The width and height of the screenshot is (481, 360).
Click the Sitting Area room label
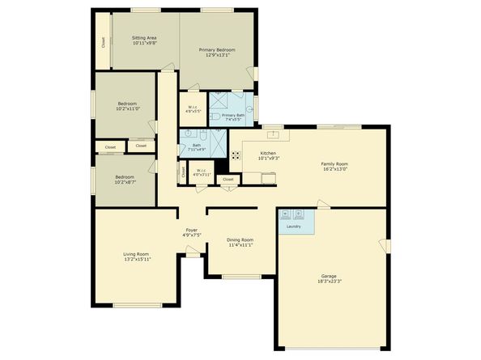144,38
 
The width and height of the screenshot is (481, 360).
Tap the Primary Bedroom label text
215,49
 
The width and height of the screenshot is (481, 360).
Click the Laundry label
293,227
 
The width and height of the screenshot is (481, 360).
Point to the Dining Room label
240,239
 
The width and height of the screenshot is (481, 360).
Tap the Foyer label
192,231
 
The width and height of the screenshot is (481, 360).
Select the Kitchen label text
268,152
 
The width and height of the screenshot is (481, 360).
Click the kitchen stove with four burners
236,155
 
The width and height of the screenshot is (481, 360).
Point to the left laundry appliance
287,214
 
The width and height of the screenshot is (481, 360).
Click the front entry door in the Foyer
194,252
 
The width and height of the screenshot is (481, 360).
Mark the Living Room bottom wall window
135,305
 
